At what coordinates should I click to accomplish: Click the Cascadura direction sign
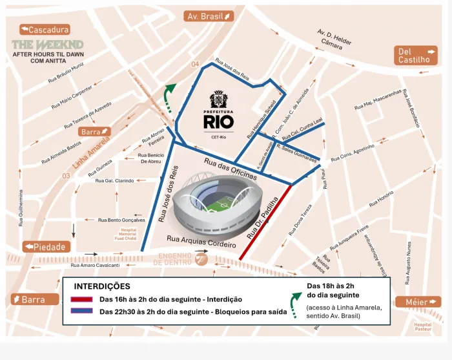click(x=45, y=30)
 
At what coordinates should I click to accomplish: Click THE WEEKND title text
click(x=47, y=45)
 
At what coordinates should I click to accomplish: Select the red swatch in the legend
click(x=83, y=299)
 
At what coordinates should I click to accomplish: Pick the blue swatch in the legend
click(x=83, y=312)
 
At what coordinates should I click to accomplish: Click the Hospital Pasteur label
click(x=422, y=327)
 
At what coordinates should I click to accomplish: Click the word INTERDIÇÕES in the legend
click(x=101, y=286)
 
